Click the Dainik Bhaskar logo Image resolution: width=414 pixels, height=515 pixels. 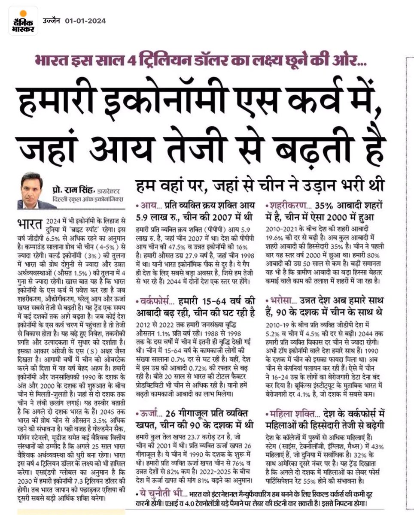[23, 21]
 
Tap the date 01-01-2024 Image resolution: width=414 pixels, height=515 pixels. [85, 21]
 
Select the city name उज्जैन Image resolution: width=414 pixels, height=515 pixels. [52, 21]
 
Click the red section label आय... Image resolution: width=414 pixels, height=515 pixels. [147, 204]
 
